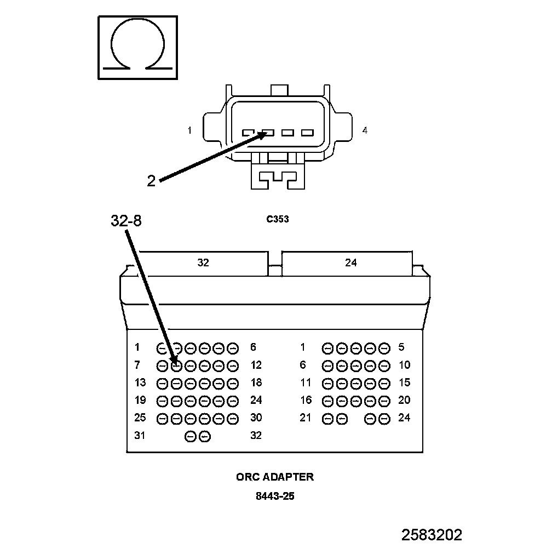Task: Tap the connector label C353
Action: point(278,220)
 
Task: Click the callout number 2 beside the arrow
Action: point(151,180)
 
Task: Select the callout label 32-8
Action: point(126,221)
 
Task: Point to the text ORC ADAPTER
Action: point(275,477)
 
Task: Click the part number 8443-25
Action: point(275,497)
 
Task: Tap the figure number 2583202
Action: point(432,535)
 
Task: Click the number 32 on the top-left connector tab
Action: point(203,263)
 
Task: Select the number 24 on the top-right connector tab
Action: point(351,263)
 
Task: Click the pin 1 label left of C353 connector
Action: point(189,130)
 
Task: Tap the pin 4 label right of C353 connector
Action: point(365,130)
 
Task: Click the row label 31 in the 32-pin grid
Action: point(140,436)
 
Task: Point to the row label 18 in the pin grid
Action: point(256,383)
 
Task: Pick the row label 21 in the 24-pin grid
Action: point(305,418)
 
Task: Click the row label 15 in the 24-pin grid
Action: point(404,383)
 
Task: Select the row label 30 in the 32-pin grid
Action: point(256,418)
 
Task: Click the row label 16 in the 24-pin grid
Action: point(305,400)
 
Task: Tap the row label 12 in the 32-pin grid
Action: point(256,365)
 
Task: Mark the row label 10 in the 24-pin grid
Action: point(404,365)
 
